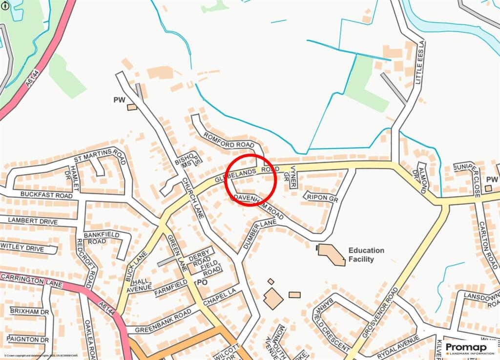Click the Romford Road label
tap(229, 140)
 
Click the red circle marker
tap(251, 180)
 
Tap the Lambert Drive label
tap(33, 221)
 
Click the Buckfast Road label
tap(46, 194)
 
